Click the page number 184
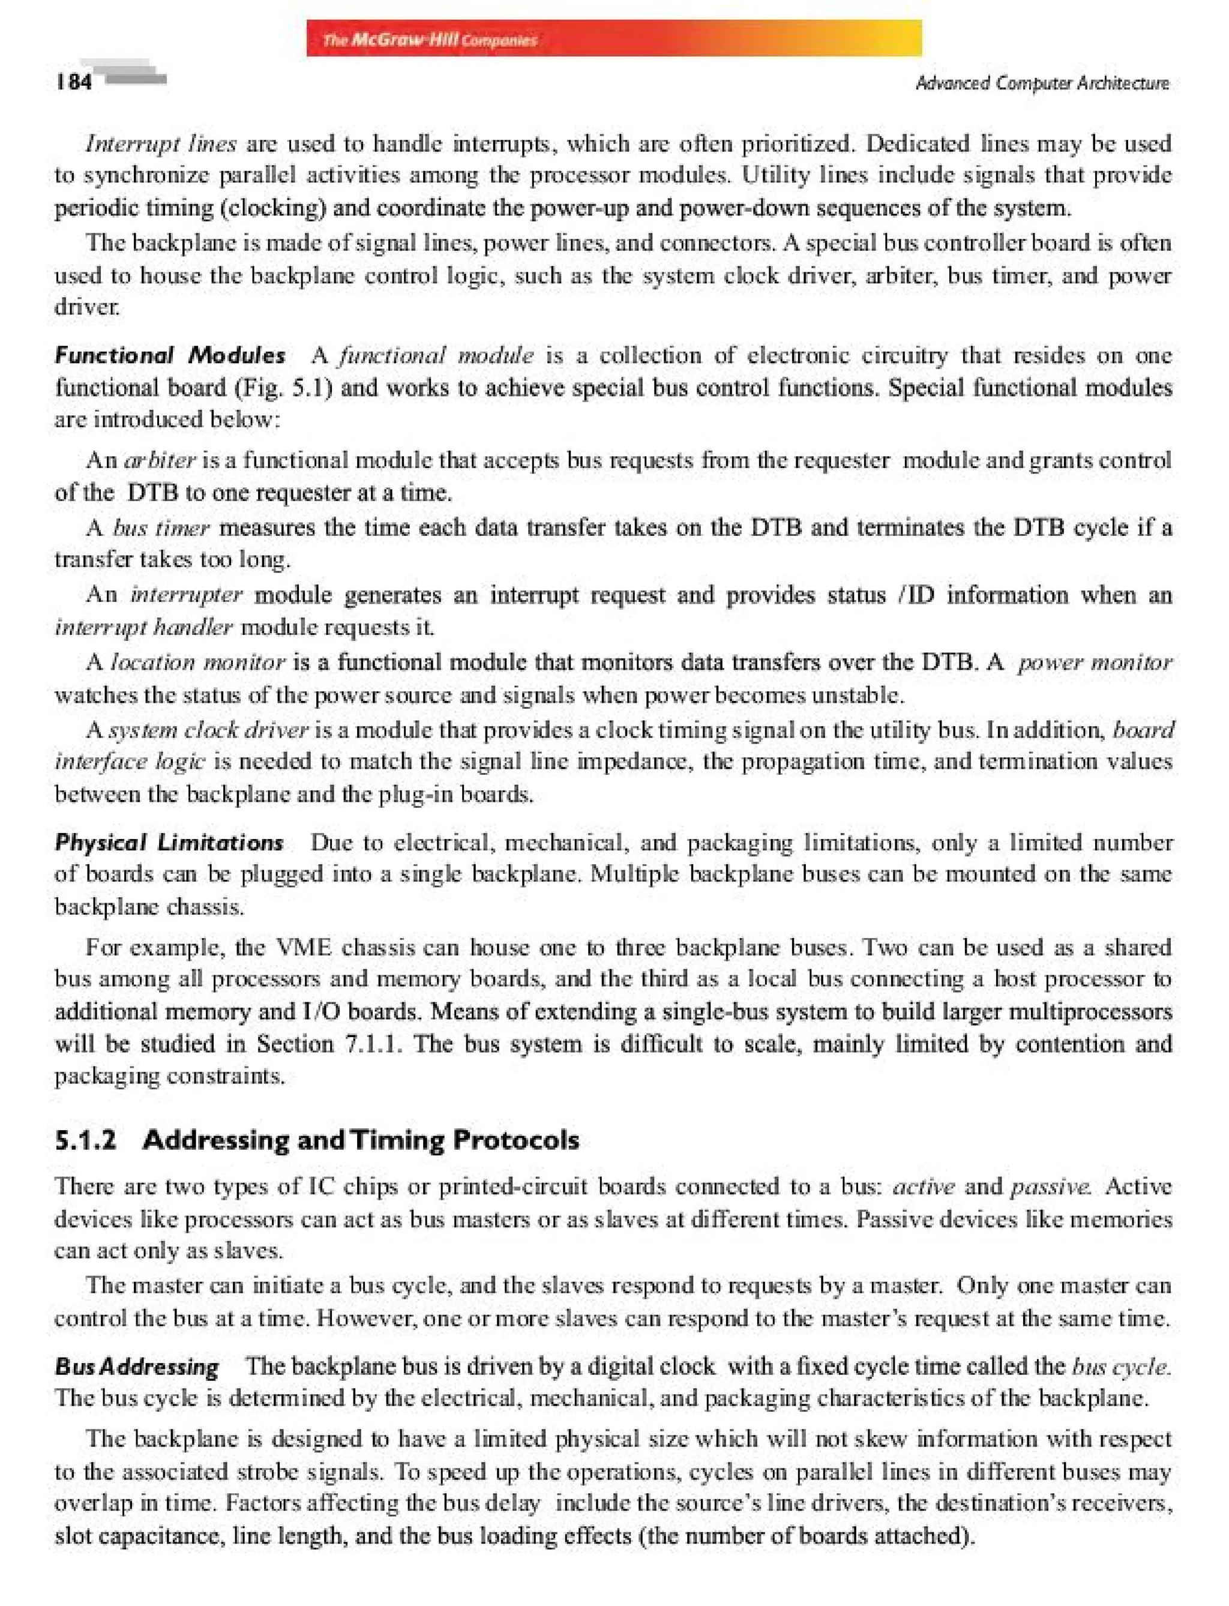click(x=74, y=81)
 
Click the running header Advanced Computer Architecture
click(x=1042, y=83)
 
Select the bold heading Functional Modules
click(x=170, y=355)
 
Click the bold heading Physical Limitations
click(x=169, y=842)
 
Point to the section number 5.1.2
click(x=86, y=1140)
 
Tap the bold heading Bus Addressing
click(x=137, y=1366)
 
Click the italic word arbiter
click(x=160, y=460)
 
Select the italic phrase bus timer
click(x=161, y=528)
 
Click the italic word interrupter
click(x=186, y=594)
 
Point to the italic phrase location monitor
click(x=197, y=662)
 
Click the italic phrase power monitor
click(x=1095, y=662)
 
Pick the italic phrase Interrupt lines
click(x=161, y=143)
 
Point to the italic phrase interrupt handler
click(x=144, y=627)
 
